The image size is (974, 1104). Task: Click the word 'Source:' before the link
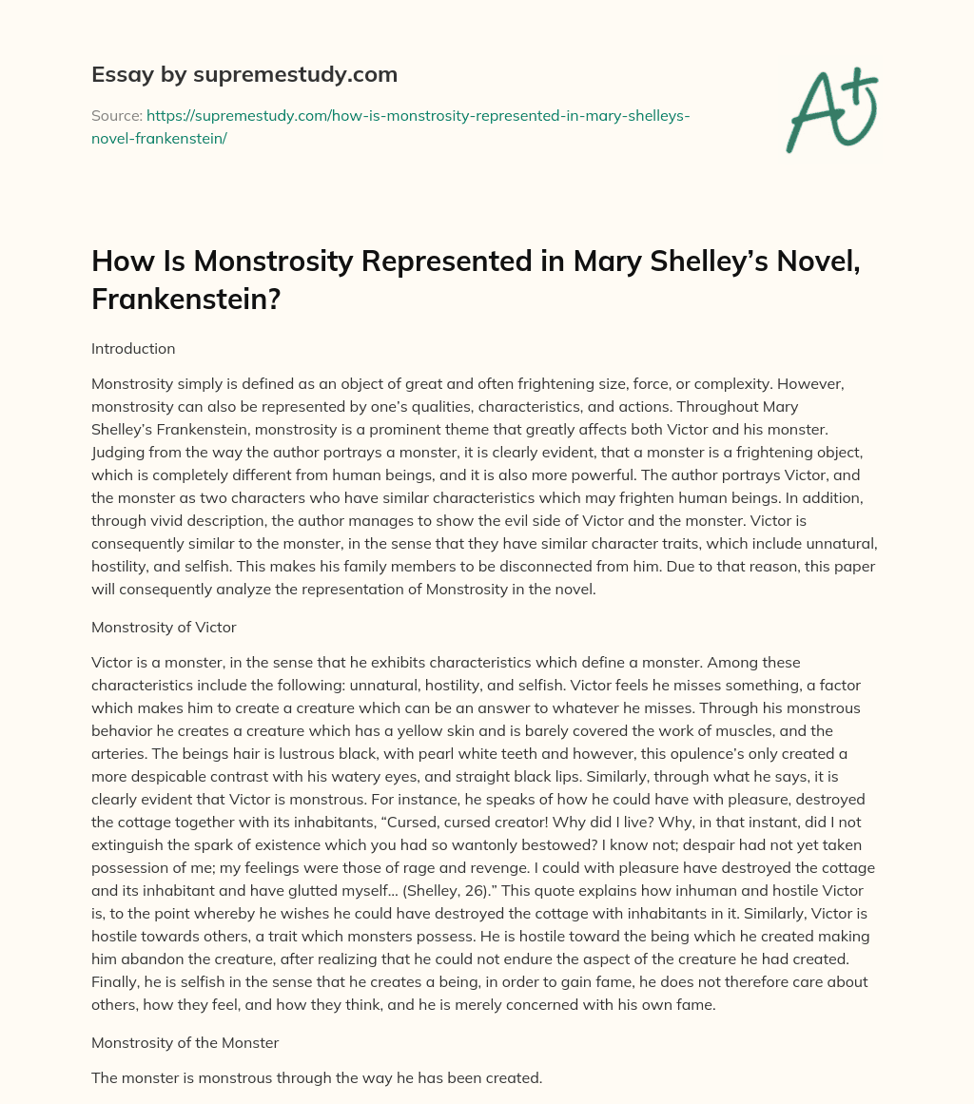pos(116,116)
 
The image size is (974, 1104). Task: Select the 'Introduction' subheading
pos(133,349)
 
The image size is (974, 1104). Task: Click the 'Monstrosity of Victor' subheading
pos(164,628)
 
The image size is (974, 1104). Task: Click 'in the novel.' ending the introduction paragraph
pos(556,589)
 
